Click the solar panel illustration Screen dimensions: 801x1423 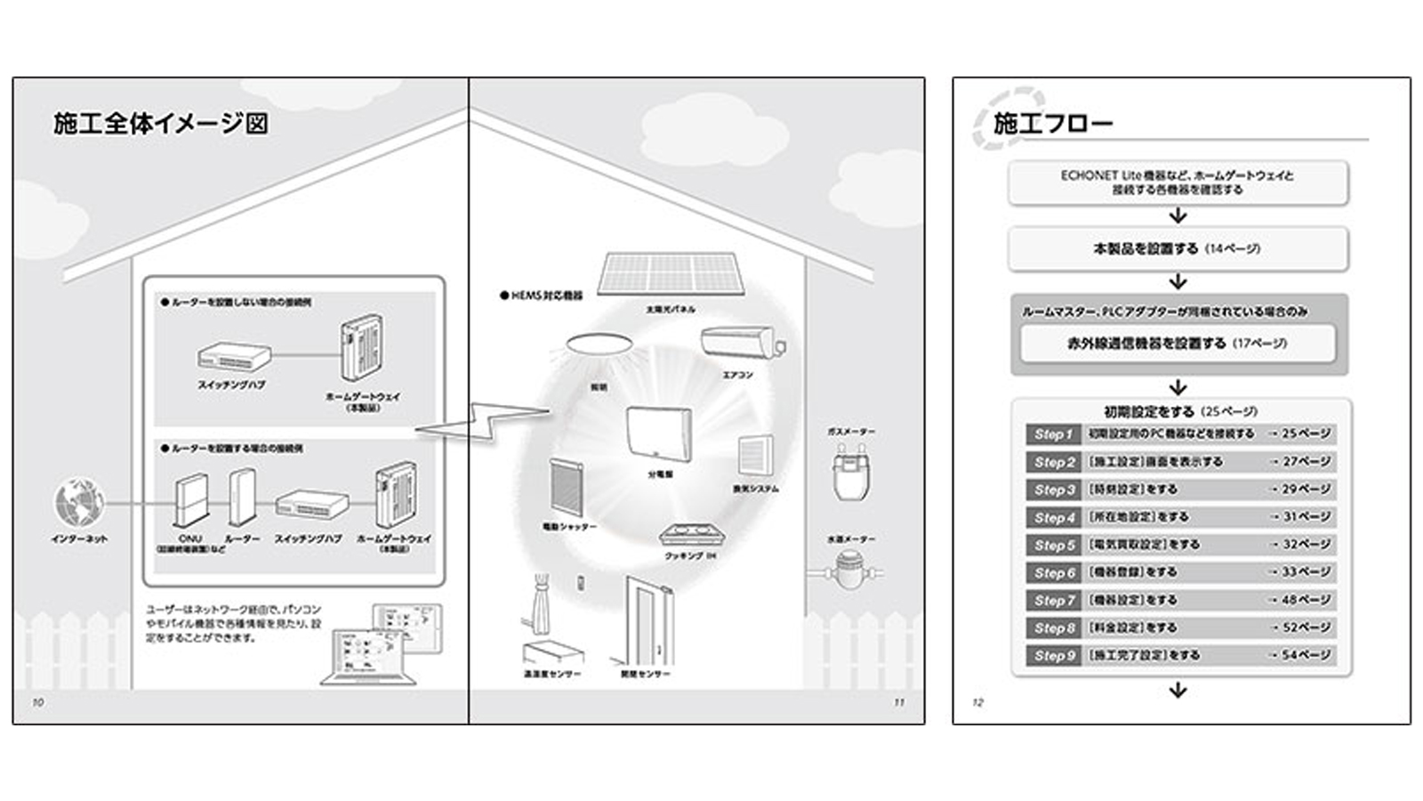(x=667, y=273)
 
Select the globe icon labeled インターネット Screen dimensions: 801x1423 (x=79, y=502)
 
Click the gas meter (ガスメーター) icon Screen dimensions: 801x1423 (x=850, y=471)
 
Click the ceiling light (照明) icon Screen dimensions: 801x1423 (x=599, y=346)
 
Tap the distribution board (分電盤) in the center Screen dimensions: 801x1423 (x=658, y=434)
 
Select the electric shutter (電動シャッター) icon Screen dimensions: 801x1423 (x=566, y=487)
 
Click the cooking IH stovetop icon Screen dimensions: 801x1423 (x=689, y=537)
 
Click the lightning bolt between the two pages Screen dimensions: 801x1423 (x=485, y=421)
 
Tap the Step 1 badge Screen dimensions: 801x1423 (x=1053, y=434)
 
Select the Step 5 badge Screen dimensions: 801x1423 (x=1053, y=545)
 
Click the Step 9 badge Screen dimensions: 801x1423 (x=1053, y=656)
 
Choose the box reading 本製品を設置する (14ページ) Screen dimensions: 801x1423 (x=1178, y=249)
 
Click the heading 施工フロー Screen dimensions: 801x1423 (x=1053, y=123)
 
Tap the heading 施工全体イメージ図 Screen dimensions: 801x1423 (x=160, y=123)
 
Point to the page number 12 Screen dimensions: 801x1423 (x=977, y=702)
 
